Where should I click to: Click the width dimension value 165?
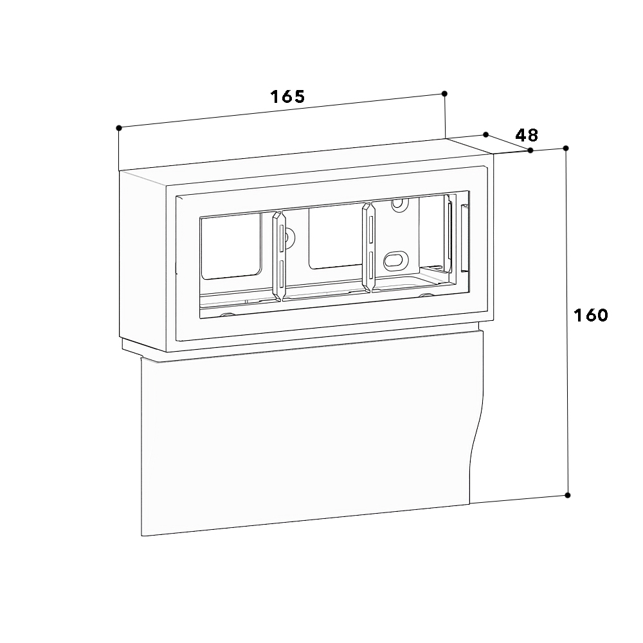(x=287, y=97)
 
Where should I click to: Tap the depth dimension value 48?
(x=527, y=135)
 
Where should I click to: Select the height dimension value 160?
(x=591, y=315)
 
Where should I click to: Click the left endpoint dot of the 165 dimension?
(x=119, y=128)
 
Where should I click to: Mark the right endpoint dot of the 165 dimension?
(x=445, y=94)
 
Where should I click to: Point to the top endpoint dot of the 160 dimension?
(x=566, y=149)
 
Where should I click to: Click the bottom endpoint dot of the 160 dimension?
(x=567, y=495)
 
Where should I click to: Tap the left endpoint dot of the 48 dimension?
(x=486, y=134)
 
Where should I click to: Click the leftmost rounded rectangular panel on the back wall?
(x=231, y=247)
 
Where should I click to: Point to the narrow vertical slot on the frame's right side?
(x=464, y=238)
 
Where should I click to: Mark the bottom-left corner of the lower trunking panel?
(x=142, y=535)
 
